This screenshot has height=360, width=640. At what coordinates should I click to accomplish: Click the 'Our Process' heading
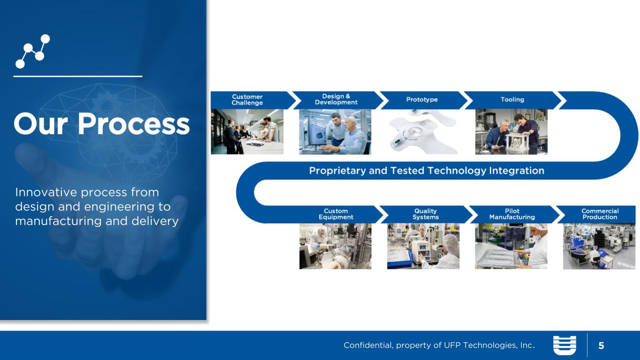(101, 124)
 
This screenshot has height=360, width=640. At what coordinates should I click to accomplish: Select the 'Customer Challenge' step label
(247, 100)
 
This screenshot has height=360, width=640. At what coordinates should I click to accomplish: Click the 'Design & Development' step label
(336, 99)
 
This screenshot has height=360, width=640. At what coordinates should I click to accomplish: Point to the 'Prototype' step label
(422, 99)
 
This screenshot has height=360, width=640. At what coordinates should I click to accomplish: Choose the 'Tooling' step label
(512, 99)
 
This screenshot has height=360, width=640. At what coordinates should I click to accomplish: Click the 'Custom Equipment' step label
(336, 214)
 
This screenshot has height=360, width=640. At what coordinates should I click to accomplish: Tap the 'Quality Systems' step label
(425, 214)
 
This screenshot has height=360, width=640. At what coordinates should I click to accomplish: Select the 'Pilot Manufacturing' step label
(512, 214)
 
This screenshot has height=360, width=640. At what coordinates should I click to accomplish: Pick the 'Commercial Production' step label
(600, 214)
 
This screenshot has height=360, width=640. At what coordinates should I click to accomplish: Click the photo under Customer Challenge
(247, 132)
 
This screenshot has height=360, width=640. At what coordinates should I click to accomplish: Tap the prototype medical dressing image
(423, 132)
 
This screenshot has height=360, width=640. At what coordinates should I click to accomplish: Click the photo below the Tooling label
(512, 132)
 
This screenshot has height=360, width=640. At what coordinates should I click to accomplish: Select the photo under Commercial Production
(599, 246)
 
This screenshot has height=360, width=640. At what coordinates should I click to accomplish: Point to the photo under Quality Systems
(423, 246)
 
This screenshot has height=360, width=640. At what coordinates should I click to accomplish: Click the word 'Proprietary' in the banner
(338, 171)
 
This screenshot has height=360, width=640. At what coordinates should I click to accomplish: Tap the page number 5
(601, 346)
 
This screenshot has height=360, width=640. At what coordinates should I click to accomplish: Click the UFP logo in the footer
(565, 345)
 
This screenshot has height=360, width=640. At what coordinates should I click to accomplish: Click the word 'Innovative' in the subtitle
(46, 192)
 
